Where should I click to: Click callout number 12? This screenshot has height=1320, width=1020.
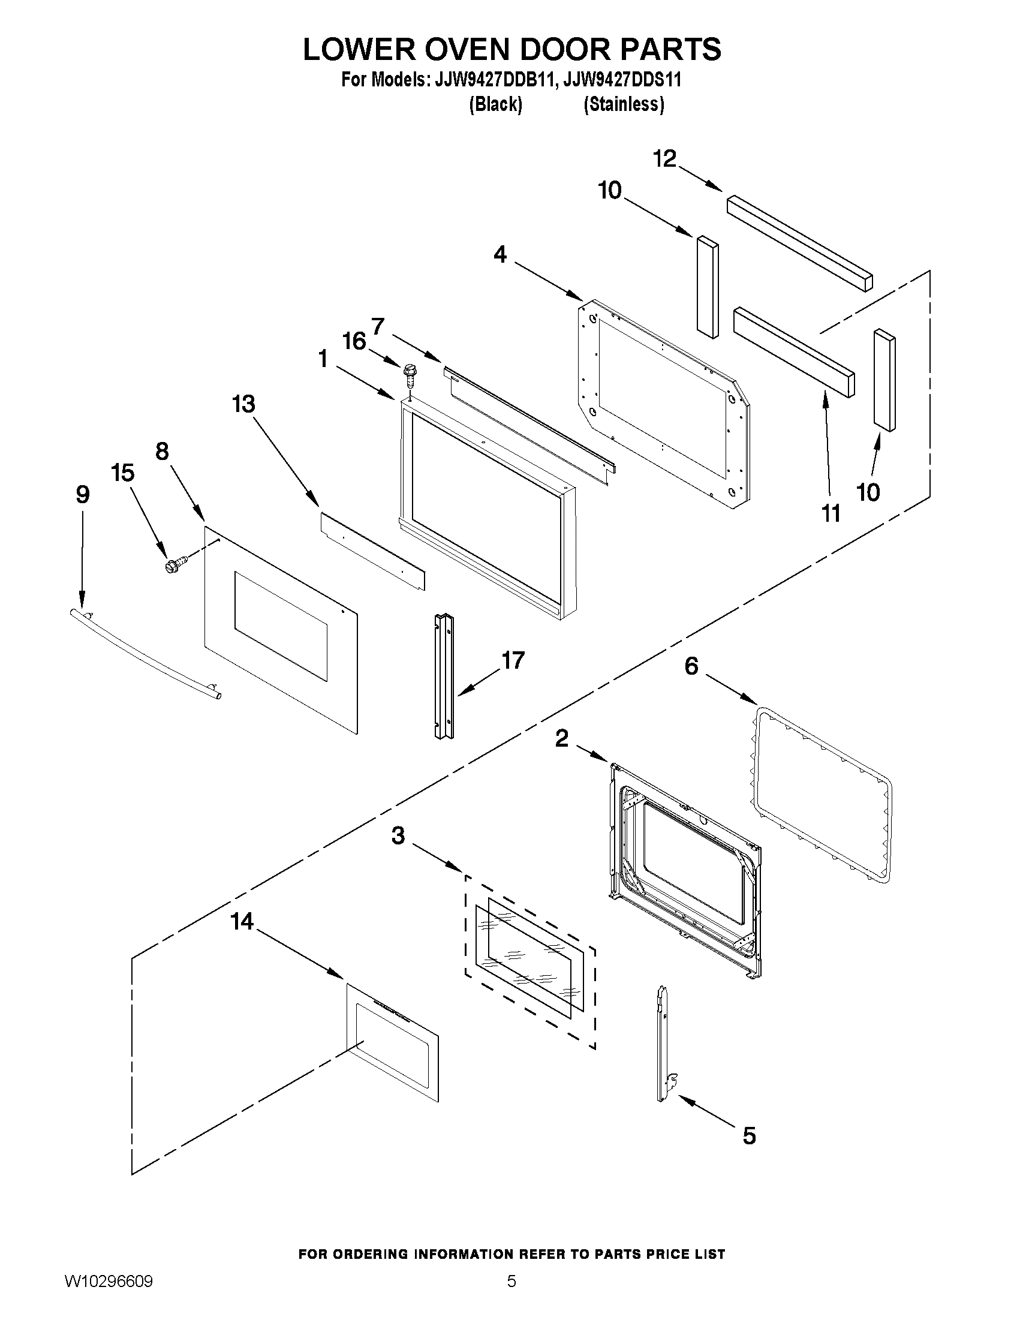pos(664,159)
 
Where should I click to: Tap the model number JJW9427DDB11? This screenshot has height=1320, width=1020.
pos(490,80)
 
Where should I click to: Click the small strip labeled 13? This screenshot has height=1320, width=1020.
pos(372,551)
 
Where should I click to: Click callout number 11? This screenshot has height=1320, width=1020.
pos(831,514)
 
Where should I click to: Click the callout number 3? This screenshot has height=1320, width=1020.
pos(398,835)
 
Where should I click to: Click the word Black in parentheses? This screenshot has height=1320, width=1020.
pos(495,104)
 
